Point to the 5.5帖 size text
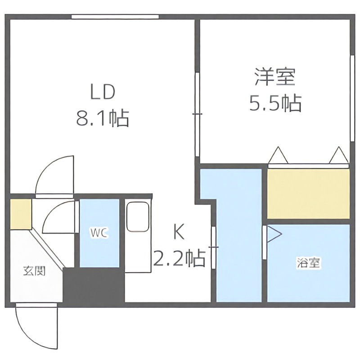coord(275,104)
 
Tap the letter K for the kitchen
coord(179,233)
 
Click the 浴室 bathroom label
coord(308,263)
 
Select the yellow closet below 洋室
coord(308,194)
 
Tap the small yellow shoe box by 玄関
coord(21,213)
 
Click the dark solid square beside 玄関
coord(93,286)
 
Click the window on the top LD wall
coord(115,17)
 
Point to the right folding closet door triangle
coord(338,155)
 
